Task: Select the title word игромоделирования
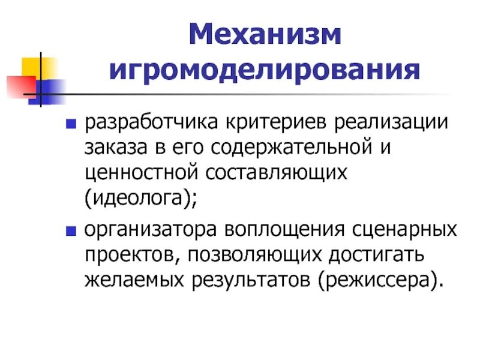[265, 71]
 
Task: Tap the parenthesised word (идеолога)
[140, 197]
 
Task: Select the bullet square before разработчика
[71, 124]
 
